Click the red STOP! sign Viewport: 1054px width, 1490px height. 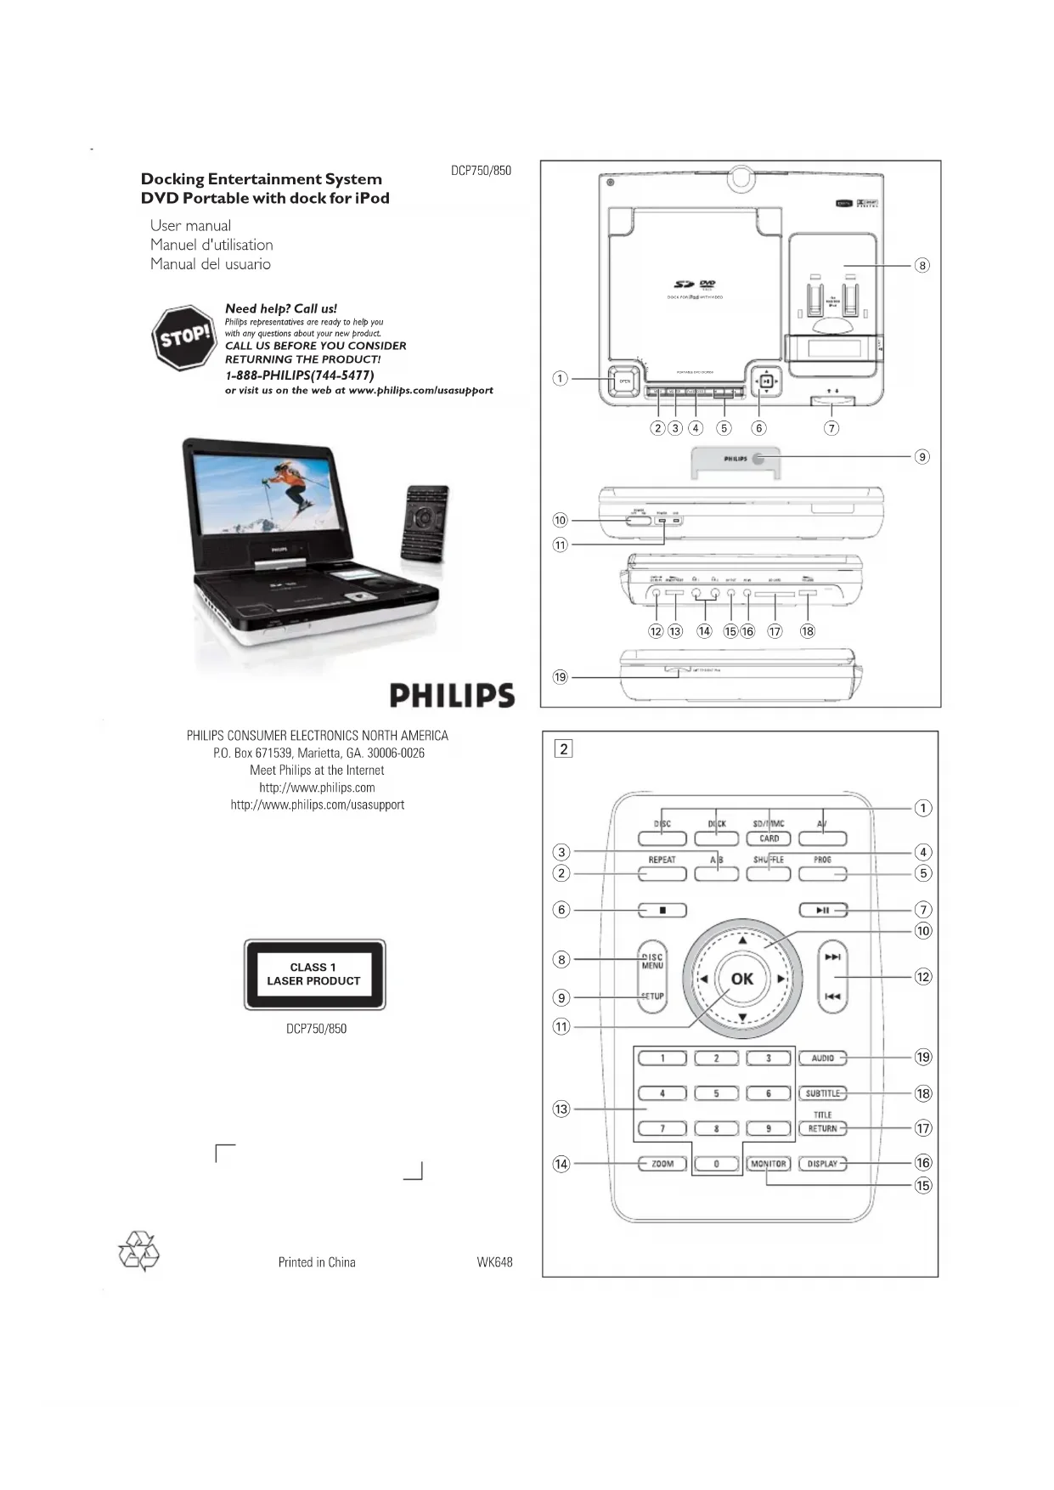point(184,337)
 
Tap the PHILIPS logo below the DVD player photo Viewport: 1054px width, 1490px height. point(452,696)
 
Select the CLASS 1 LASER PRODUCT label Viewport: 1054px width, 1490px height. point(314,974)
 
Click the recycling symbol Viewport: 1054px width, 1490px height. point(138,1251)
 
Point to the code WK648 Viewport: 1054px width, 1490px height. point(494,1262)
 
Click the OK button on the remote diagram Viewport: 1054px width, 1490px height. point(741,979)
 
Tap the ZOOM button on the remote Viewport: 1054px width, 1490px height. point(662,1164)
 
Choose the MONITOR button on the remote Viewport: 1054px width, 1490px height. point(769,1164)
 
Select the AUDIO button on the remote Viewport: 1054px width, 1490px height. point(822,1058)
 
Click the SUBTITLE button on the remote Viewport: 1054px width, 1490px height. point(822,1094)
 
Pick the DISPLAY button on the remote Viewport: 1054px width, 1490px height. point(822,1164)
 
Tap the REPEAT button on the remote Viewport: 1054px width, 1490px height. point(662,873)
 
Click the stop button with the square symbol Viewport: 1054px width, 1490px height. point(662,911)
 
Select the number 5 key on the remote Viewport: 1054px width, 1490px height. point(716,1094)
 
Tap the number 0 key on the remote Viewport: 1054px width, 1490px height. point(716,1164)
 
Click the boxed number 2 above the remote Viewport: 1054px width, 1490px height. point(563,749)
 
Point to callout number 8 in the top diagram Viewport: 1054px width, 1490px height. point(922,265)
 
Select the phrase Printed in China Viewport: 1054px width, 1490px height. point(317,1262)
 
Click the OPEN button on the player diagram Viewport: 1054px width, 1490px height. point(625,381)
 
